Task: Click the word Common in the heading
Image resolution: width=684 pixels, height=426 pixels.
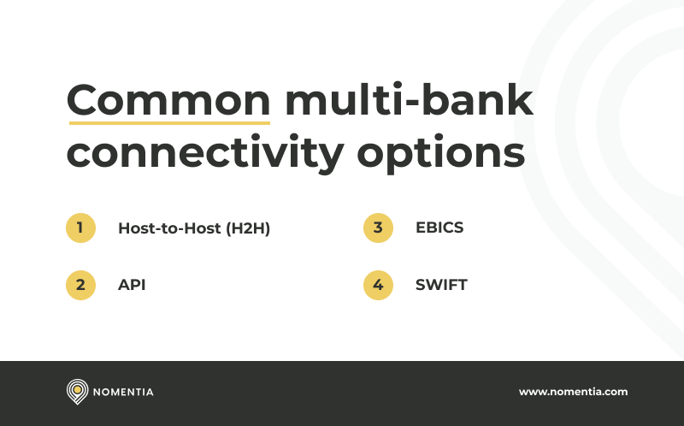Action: click(x=168, y=102)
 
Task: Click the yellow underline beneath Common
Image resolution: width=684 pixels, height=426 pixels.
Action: click(x=168, y=122)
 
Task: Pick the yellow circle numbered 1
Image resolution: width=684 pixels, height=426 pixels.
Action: click(x=80, y=228)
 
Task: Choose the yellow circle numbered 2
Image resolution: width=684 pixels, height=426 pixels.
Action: click(x=80, y=285)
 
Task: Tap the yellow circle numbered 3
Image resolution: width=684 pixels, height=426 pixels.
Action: click(x=378, y=228)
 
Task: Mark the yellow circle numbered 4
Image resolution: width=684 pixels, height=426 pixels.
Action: click(x=378, y=285)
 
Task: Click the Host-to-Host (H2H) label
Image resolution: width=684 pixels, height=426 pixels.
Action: click(x=194, y=228)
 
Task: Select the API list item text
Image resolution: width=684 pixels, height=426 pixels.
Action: click(x=132, y=285)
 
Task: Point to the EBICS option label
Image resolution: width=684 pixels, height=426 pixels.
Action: click(x=439, y=228)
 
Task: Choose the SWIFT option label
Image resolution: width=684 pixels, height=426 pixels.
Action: click(x=441, y=285)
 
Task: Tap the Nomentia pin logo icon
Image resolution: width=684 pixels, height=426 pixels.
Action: click(x=77, y=392)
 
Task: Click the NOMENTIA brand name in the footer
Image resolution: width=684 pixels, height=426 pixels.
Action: click(x=125, y=393)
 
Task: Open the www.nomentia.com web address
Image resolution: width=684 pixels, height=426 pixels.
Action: click(x=573, y=392)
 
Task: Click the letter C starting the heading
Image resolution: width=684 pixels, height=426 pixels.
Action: click(x=84, y=102)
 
